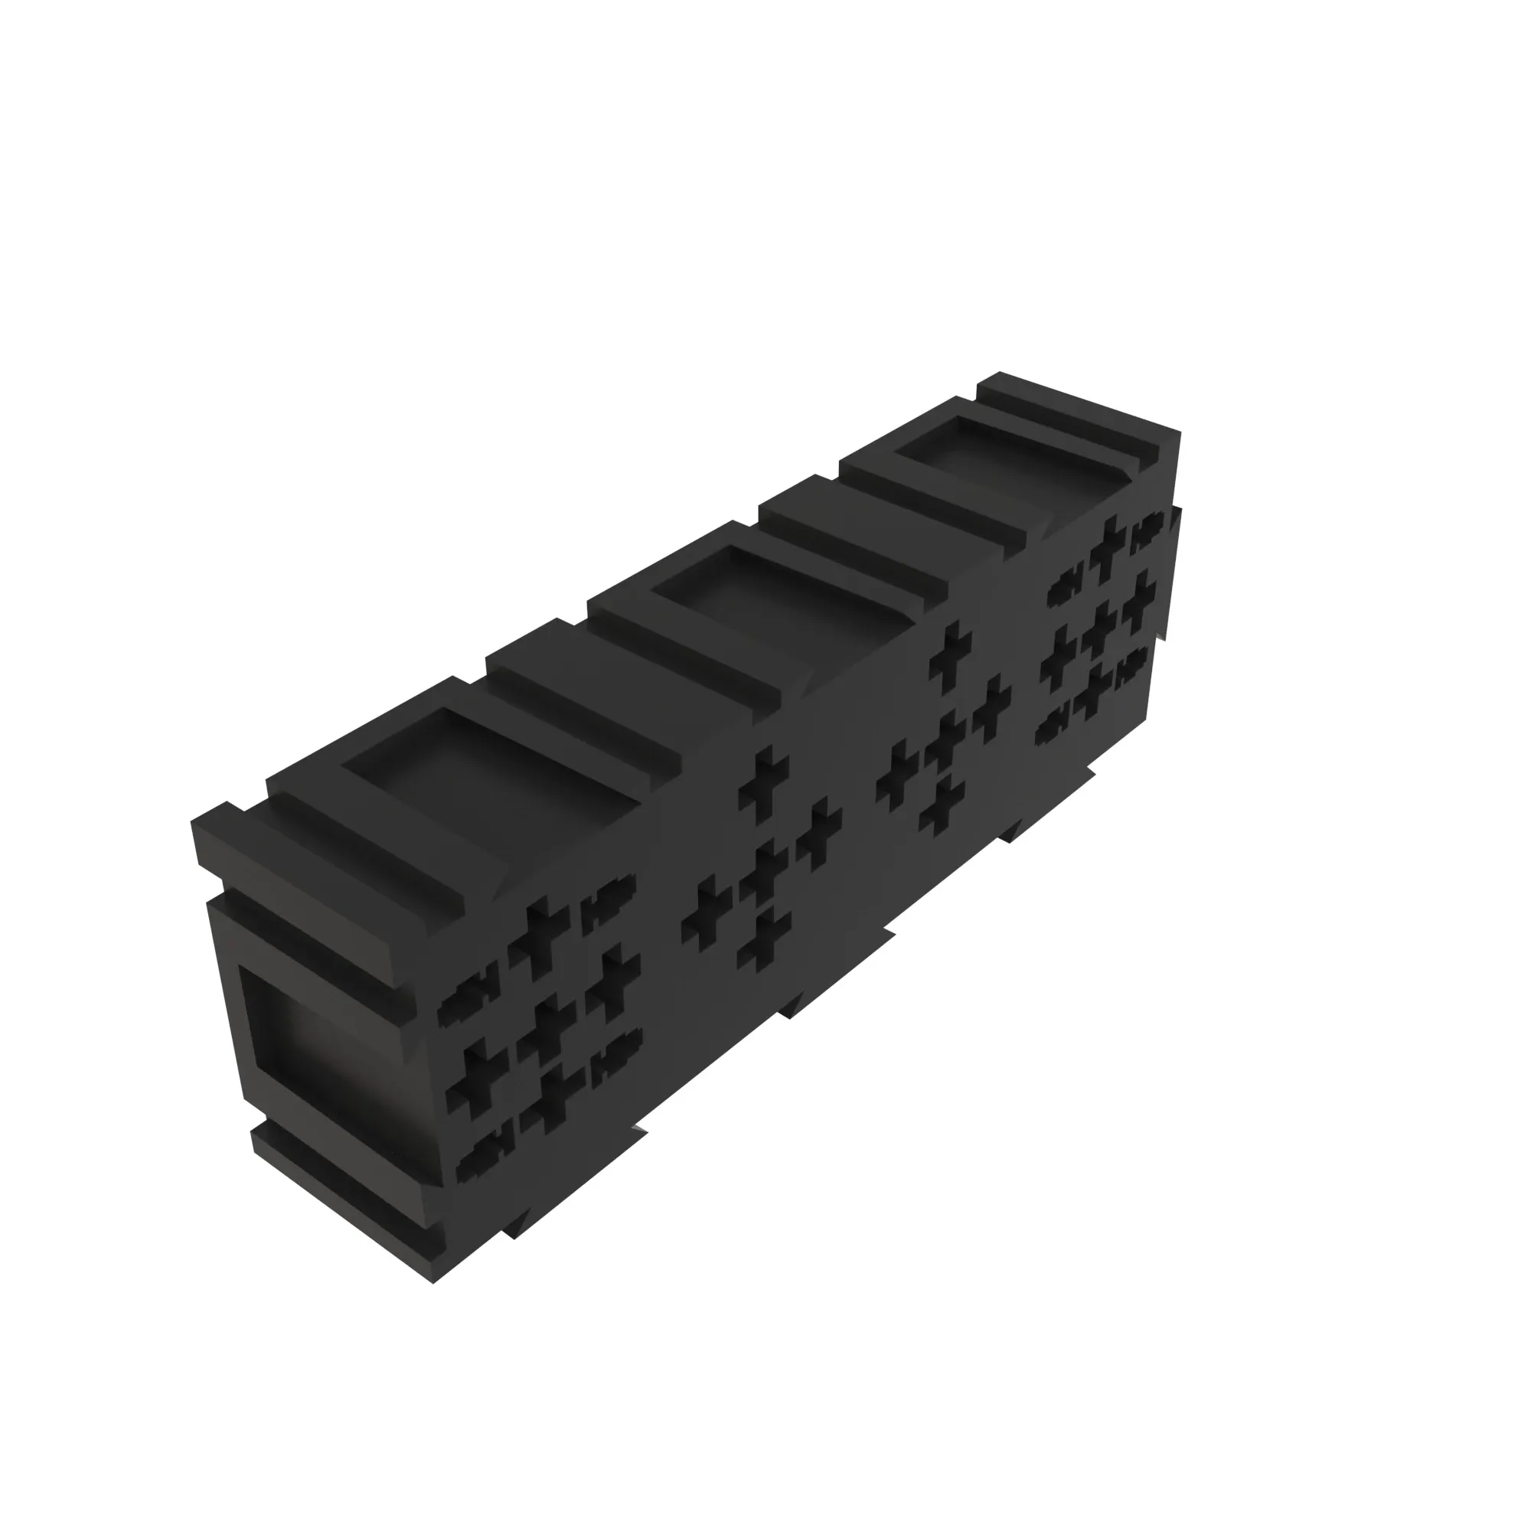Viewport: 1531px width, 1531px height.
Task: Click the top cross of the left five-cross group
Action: pyautogui.click(x=764, y=785)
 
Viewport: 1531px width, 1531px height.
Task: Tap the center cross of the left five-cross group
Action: pyautogui.click(x=762, y=872)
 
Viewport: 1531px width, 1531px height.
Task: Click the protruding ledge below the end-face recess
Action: pyautogui.click(x=341, y=1193)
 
